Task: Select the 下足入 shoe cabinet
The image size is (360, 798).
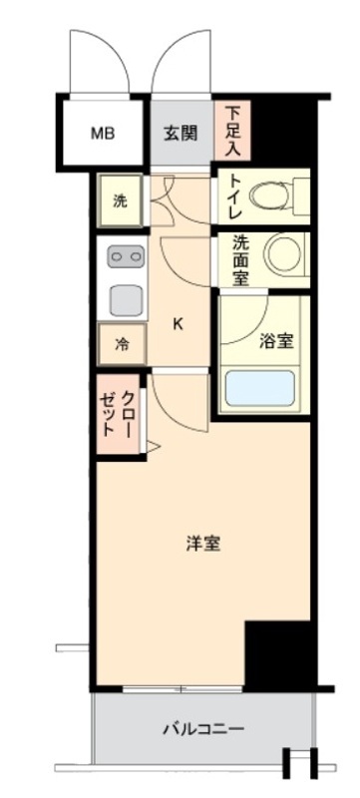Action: (231, 129)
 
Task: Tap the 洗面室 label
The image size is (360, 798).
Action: (240, 260)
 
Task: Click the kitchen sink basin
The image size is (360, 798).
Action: (125, 297)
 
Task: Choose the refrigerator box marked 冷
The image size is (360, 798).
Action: (122, 345)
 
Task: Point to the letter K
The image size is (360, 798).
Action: (179, 323)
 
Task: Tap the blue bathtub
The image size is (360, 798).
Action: (259, 388)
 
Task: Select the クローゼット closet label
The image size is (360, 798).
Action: (118, 411)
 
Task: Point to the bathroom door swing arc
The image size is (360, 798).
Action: (242, 320)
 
